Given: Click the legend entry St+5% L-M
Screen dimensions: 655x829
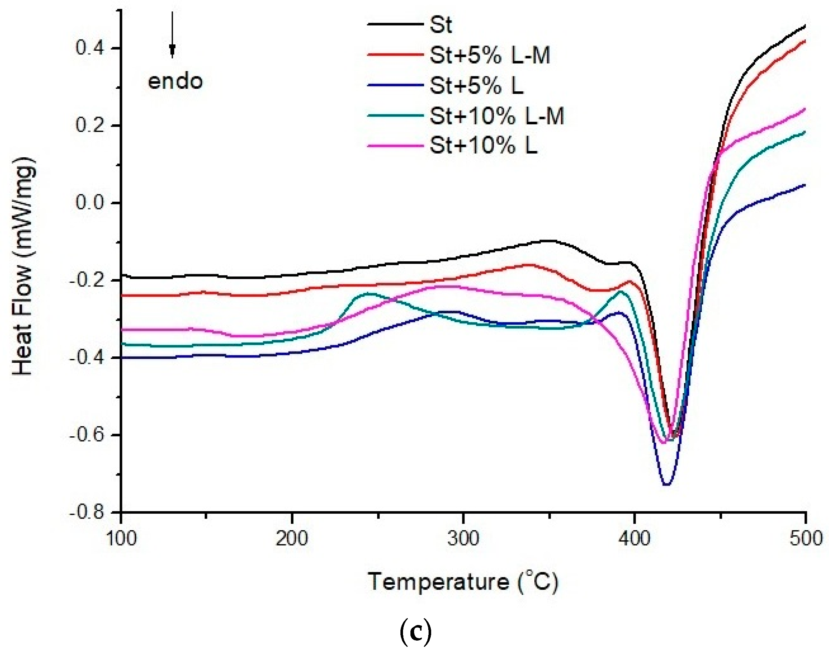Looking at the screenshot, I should pos(490,56).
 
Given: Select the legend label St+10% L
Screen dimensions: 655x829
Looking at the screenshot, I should pos(483,146).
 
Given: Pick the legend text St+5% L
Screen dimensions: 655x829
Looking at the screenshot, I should pos(476,85).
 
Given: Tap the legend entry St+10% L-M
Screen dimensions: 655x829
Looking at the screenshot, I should pos(497,115).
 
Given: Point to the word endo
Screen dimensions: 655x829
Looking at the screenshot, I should pos(175,82).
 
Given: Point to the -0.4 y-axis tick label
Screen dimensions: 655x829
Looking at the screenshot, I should pos(87,358).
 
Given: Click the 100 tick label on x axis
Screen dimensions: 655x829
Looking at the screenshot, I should pos(121,539).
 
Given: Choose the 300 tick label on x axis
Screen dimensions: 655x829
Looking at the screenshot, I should pos(464,539).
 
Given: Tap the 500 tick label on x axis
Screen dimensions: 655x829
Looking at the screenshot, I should pos(806,539).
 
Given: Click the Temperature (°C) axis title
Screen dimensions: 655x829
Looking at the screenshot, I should pos(463,582).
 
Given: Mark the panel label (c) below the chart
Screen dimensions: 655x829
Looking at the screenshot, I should pos(416,633).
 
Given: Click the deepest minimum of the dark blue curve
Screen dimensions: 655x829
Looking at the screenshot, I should pos(667,485).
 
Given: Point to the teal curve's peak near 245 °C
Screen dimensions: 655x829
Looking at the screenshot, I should pos(367,293).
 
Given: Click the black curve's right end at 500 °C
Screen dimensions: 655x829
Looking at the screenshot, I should pos(805,25).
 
